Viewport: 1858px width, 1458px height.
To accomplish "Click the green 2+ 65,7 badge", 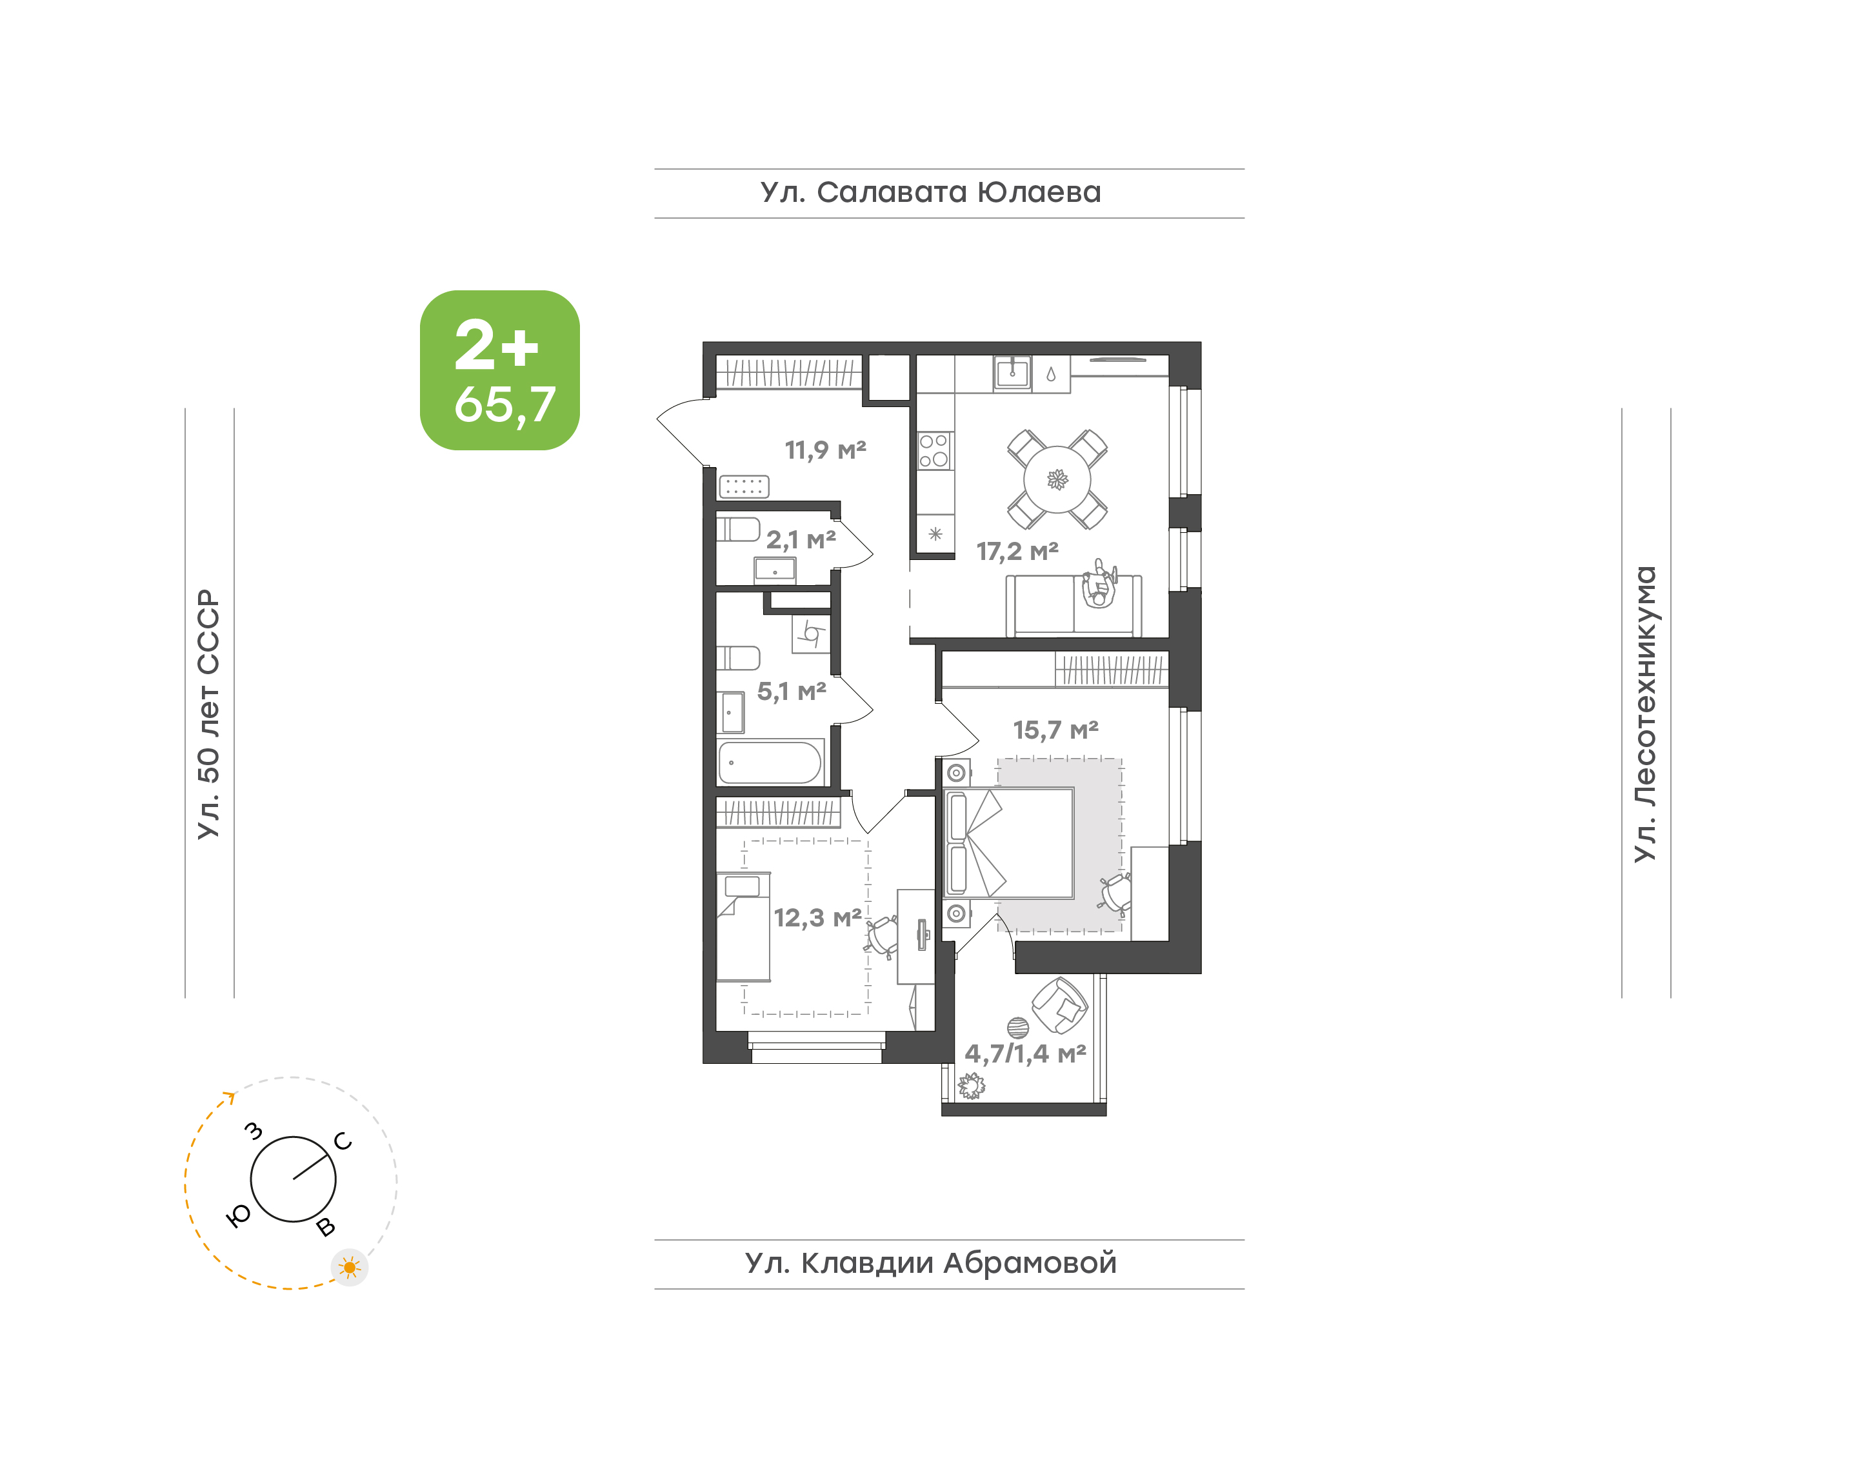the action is point(499,370).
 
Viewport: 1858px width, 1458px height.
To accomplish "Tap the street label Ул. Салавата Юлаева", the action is point(930,193).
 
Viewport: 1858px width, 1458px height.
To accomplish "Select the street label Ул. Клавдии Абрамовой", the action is point(930,1263).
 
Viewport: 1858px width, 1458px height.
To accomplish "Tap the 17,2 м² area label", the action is point(1017,552).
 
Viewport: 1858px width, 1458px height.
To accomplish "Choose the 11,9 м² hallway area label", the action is point(825,450).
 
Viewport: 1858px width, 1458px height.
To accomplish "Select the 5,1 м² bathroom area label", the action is point(791,692).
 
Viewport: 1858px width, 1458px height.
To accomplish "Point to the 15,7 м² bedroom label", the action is point(1055,730).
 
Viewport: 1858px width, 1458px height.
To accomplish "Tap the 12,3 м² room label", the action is point(817,917).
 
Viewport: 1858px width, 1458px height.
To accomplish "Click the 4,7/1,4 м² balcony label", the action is point(1025,1054).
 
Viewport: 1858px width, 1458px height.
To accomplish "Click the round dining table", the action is point(1057,480).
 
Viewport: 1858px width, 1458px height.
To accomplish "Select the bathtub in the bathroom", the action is point(770,763).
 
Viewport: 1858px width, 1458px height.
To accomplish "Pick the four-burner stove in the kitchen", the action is point(935,451).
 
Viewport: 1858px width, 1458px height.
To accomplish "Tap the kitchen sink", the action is point(1013,373).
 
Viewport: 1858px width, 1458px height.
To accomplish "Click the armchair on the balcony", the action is point(1059,1006).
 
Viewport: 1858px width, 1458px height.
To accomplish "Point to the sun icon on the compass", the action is point(349,1268).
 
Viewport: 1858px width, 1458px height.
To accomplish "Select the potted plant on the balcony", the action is point(971,1086).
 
